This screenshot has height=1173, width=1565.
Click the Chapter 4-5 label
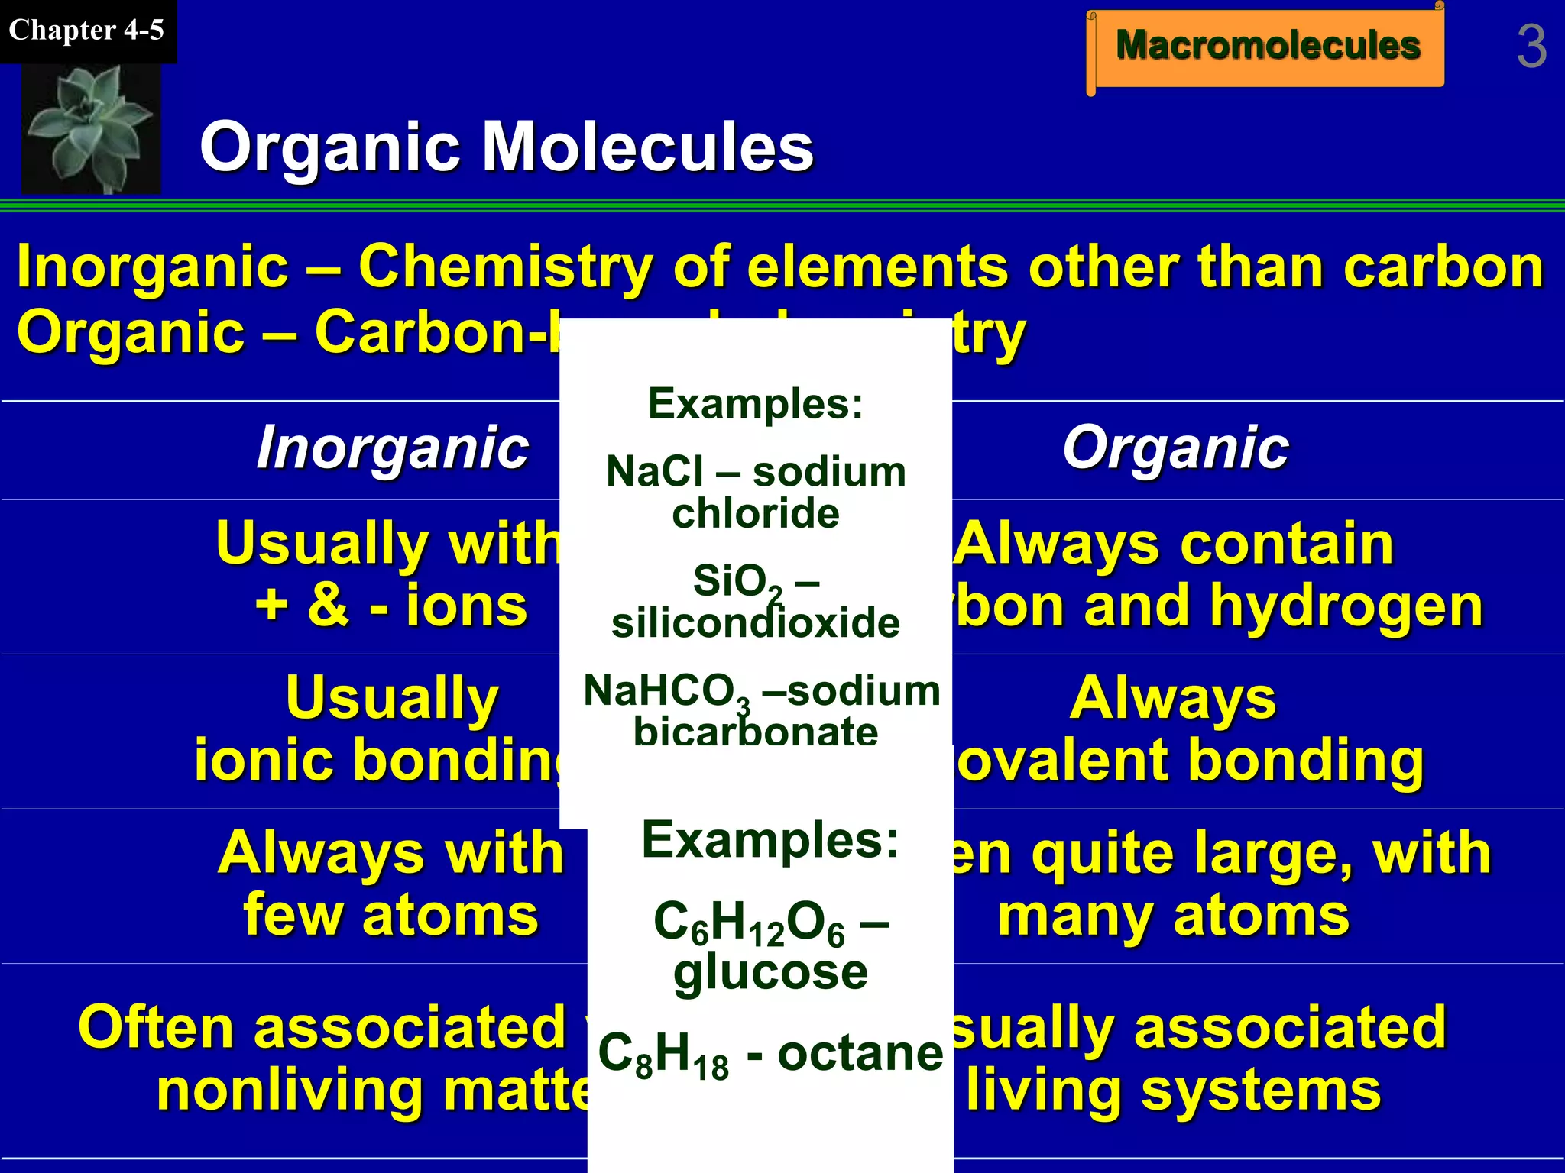[86, 31]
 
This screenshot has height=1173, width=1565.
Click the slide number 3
[1531, 47]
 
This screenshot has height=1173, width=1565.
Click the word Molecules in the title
[648, 147]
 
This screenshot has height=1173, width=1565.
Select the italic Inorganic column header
[392, 448]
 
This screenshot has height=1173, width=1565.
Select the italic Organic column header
[1175, 448]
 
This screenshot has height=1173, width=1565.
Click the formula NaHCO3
[666, 692]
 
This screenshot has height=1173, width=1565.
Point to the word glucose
[770, 971]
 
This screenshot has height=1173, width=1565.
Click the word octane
[860, 1054]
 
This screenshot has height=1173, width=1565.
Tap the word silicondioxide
[756, 623]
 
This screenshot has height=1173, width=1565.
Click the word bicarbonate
[756, 732]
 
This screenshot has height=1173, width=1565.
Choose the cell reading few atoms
[390, 915]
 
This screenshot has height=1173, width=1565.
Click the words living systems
[1173, 1091]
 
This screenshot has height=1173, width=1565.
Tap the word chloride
[756, 513]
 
